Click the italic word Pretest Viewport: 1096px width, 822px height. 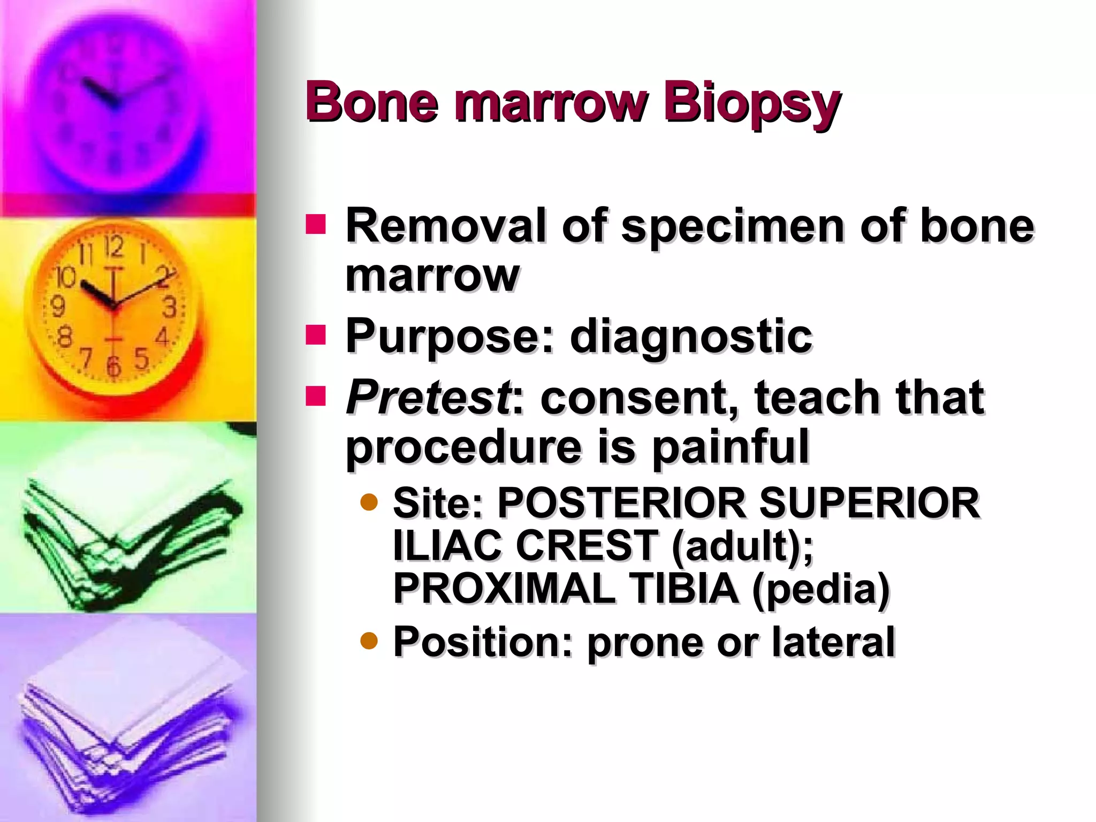click(x=428, y=398)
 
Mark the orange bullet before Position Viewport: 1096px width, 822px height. click(x=369, y=640)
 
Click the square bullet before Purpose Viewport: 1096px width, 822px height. click(x=316, y=335)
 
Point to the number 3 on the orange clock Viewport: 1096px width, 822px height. click(x=170, y=307)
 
